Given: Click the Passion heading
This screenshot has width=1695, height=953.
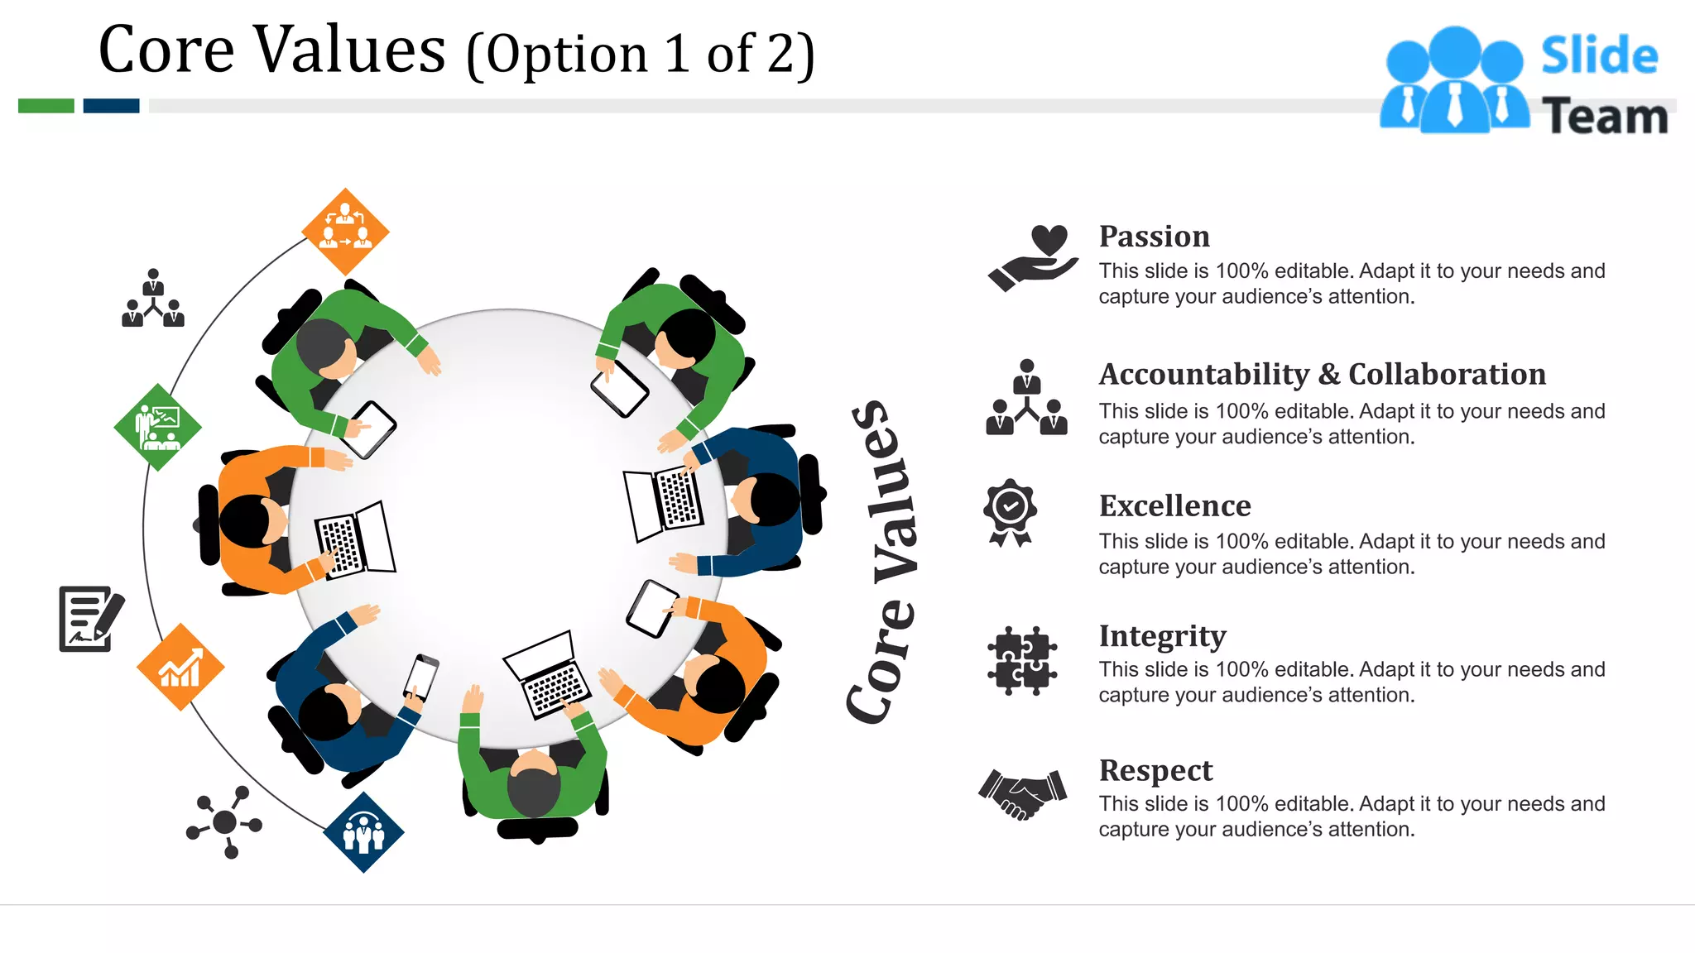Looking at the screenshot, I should pos(1154,237).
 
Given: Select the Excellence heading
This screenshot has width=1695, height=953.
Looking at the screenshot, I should pos(1174,505).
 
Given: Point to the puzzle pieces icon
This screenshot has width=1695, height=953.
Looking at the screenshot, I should pos(1021,660).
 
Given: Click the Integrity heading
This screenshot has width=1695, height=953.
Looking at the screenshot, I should pos(1162,636).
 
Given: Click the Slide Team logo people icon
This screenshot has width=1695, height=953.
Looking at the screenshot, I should pos(1454,80).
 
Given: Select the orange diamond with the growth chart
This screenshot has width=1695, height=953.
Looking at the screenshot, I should pos(180,667).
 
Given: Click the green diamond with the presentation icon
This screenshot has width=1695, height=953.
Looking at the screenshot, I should pos(157,427).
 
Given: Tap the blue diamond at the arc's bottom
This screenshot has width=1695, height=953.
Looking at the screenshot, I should pos(363,831).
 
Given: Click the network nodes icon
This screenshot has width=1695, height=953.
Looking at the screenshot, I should pos(224,821).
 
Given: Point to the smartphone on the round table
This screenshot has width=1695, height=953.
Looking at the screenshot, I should pos(420,677).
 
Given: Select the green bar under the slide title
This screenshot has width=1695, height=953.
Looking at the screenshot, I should pos(46,106).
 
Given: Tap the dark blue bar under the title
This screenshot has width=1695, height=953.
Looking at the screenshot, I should pos(111,106).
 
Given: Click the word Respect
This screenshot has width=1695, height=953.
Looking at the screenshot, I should pos(1155,770).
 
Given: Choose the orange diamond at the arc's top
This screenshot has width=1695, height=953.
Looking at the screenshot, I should pos(345,232).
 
